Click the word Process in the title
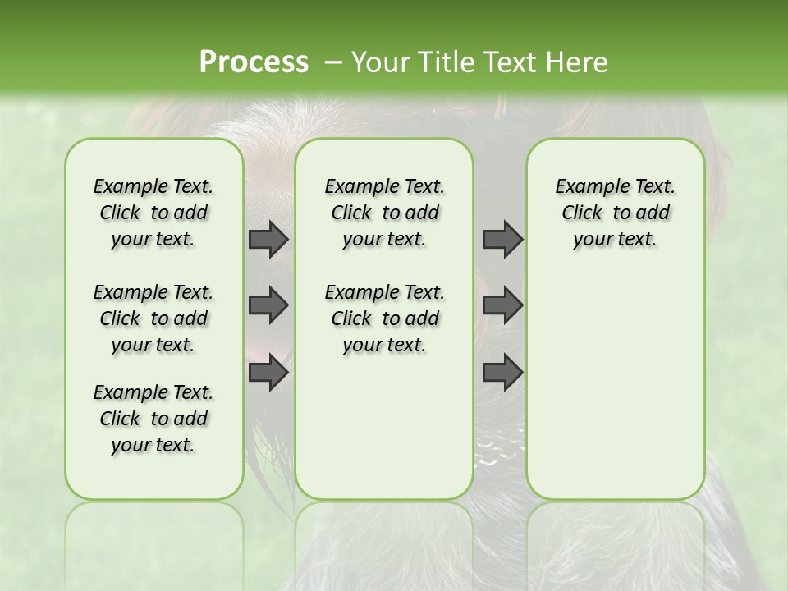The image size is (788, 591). (254, 62)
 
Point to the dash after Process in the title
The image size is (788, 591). (333, 62)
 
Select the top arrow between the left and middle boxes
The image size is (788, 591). (268, 239)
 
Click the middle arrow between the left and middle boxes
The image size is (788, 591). (268, 305)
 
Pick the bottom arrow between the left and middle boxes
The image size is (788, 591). (268, 373)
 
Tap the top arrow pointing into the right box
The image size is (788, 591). (502, 239)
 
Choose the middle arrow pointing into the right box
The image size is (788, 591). (502, 305)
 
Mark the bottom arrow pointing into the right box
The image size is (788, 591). (502, 373)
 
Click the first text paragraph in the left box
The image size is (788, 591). (153, 213)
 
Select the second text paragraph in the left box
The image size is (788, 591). (153, 318)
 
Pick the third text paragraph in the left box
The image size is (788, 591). (153, 419)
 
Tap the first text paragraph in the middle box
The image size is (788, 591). (384, 213)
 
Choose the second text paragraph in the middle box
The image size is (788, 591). (384, 318)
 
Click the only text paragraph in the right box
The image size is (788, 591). (616, 213)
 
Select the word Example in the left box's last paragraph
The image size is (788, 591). (130, 392)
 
